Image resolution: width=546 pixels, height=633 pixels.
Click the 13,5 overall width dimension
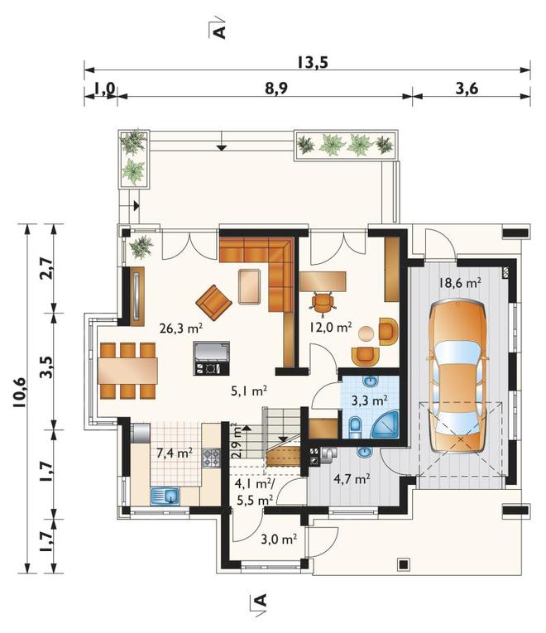point(313,63)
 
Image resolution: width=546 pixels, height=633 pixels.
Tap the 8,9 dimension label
point(276,89)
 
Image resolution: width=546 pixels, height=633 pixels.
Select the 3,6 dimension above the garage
point(467,89)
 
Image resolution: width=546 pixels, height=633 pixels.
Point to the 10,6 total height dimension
point(19,392)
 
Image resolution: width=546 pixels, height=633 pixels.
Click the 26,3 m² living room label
point(180,328)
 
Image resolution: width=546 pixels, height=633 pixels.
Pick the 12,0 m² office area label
point(331,327)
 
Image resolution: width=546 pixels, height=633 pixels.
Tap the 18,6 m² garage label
point(460,283)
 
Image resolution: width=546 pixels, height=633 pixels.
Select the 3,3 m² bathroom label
point(370,400)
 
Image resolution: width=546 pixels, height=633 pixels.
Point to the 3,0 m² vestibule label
point(279,539)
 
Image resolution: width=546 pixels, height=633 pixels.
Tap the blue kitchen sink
point(165,496)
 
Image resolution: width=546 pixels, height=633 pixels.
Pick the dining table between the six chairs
point(127,371)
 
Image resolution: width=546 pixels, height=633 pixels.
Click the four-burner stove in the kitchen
point(211,458)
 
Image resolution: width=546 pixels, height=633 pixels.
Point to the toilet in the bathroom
point(355,427)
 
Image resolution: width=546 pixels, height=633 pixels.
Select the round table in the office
point(366,333)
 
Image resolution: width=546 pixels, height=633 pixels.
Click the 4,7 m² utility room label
point(352,479)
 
